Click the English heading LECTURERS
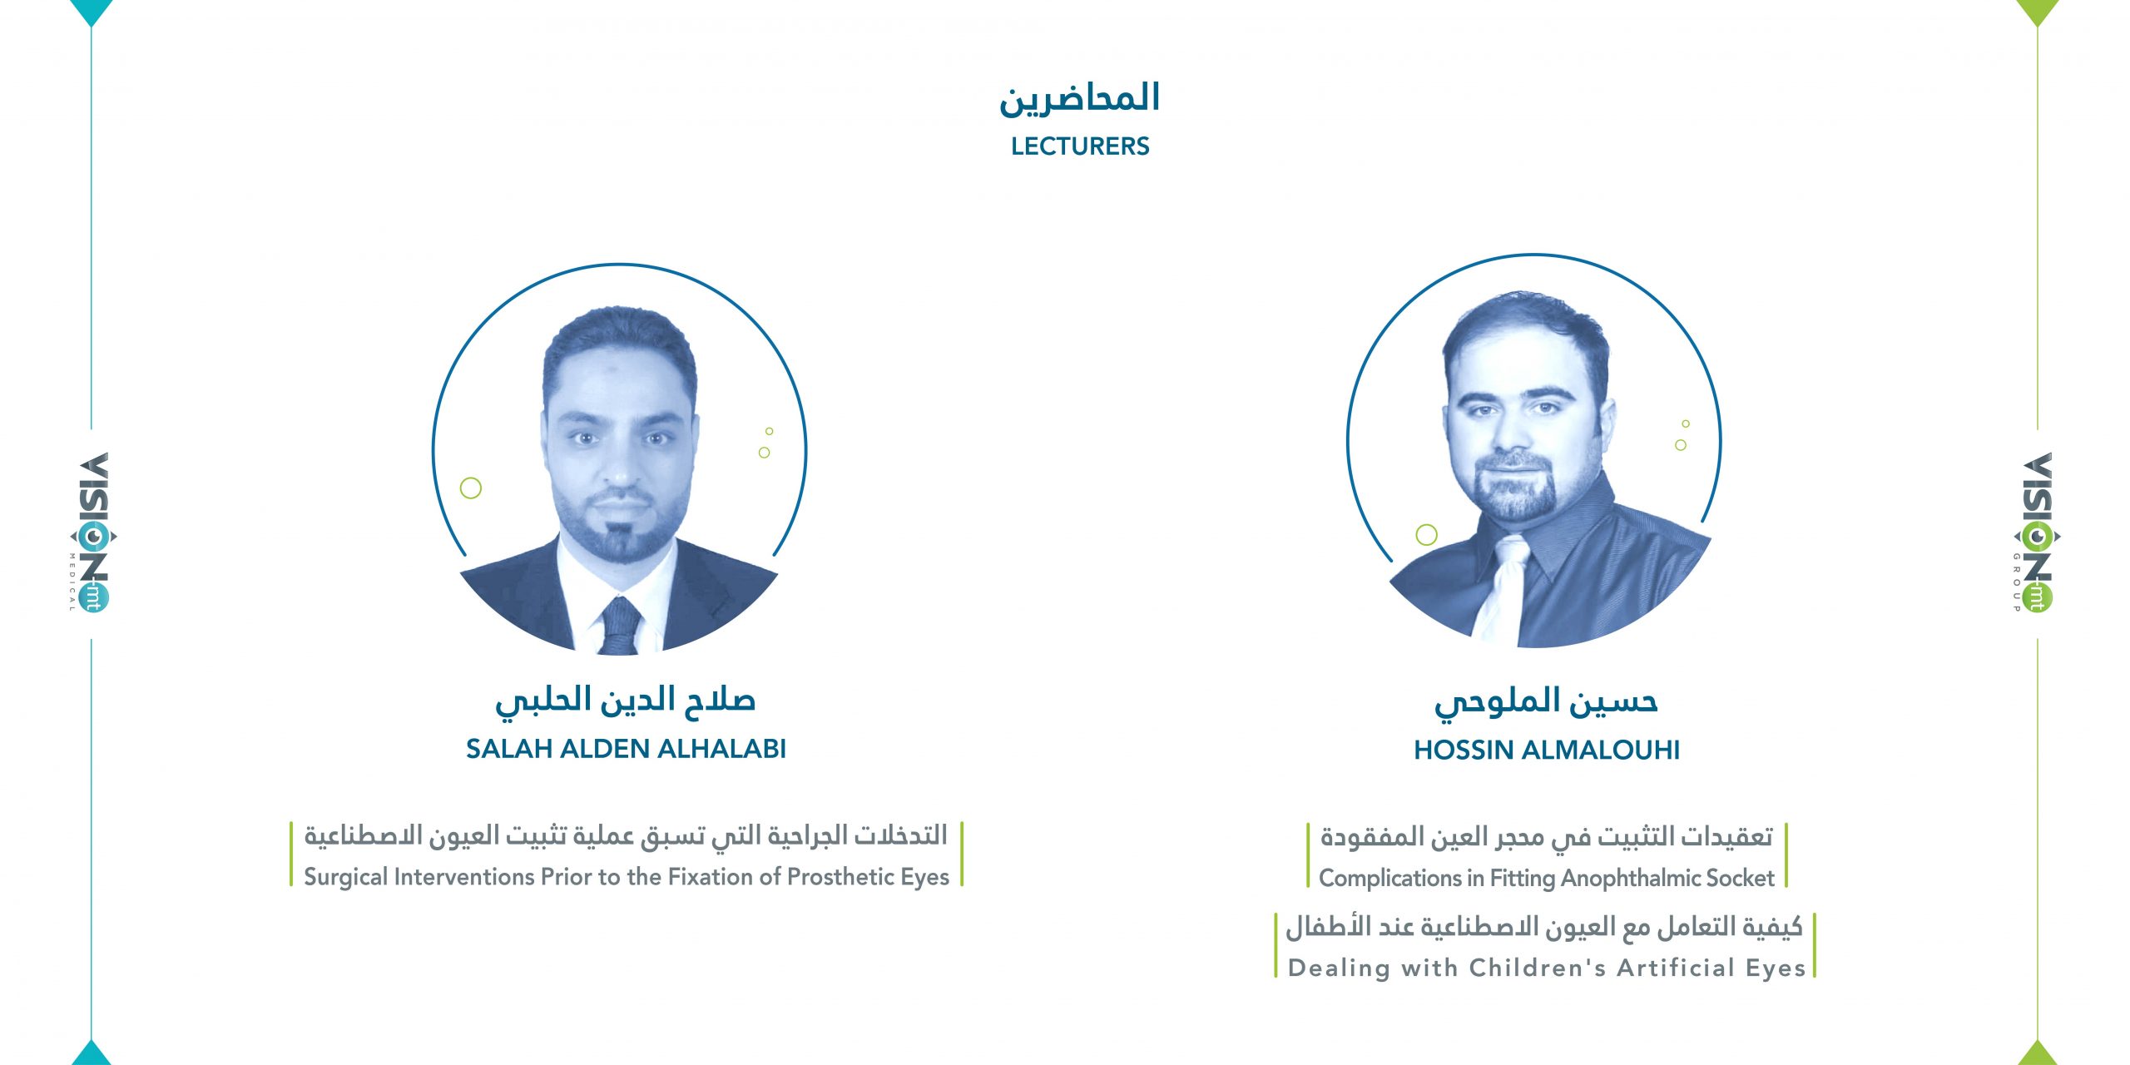[x=1080, y=146]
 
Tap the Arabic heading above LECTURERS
[x=1080, y=99]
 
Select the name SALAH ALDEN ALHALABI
[x=626, y=749]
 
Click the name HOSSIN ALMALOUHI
[x=1547, y=750]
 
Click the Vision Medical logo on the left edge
[x=92, y=533]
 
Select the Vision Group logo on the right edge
[x=2037, y=533]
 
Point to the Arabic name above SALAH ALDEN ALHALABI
[x=626, y=701]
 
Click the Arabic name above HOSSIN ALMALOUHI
[x=1546, y=702]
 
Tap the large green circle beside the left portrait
[x=471, y=488]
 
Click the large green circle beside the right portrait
[x=1427, y=535]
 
